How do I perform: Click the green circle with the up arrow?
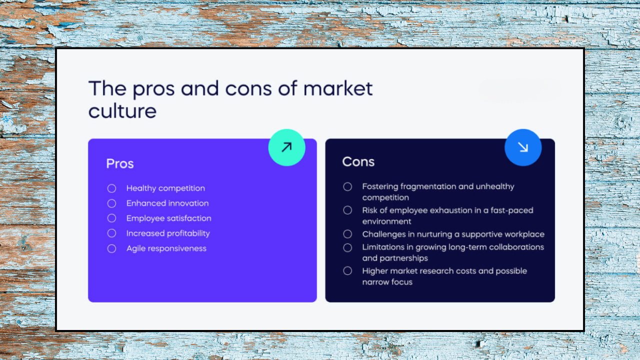pos(286,147)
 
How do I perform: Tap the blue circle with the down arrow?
pos(523,147)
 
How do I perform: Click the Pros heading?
pos(120,163)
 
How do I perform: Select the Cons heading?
pos(358,161)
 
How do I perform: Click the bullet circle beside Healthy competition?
pos(111,188)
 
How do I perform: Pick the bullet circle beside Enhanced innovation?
pos(111,203)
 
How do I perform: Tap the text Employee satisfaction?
pos(168,218)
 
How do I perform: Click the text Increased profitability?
pos(168,233)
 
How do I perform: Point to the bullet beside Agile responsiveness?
pos(111,248)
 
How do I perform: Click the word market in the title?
pos(338,89)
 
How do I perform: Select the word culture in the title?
pos(122,111)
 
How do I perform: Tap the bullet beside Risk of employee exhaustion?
pos(347,210)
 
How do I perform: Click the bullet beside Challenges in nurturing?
pos(347,234)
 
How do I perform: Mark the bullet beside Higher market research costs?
pos(347,271)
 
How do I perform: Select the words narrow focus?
pos(387,282)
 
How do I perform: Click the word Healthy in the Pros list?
pos(140,188)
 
